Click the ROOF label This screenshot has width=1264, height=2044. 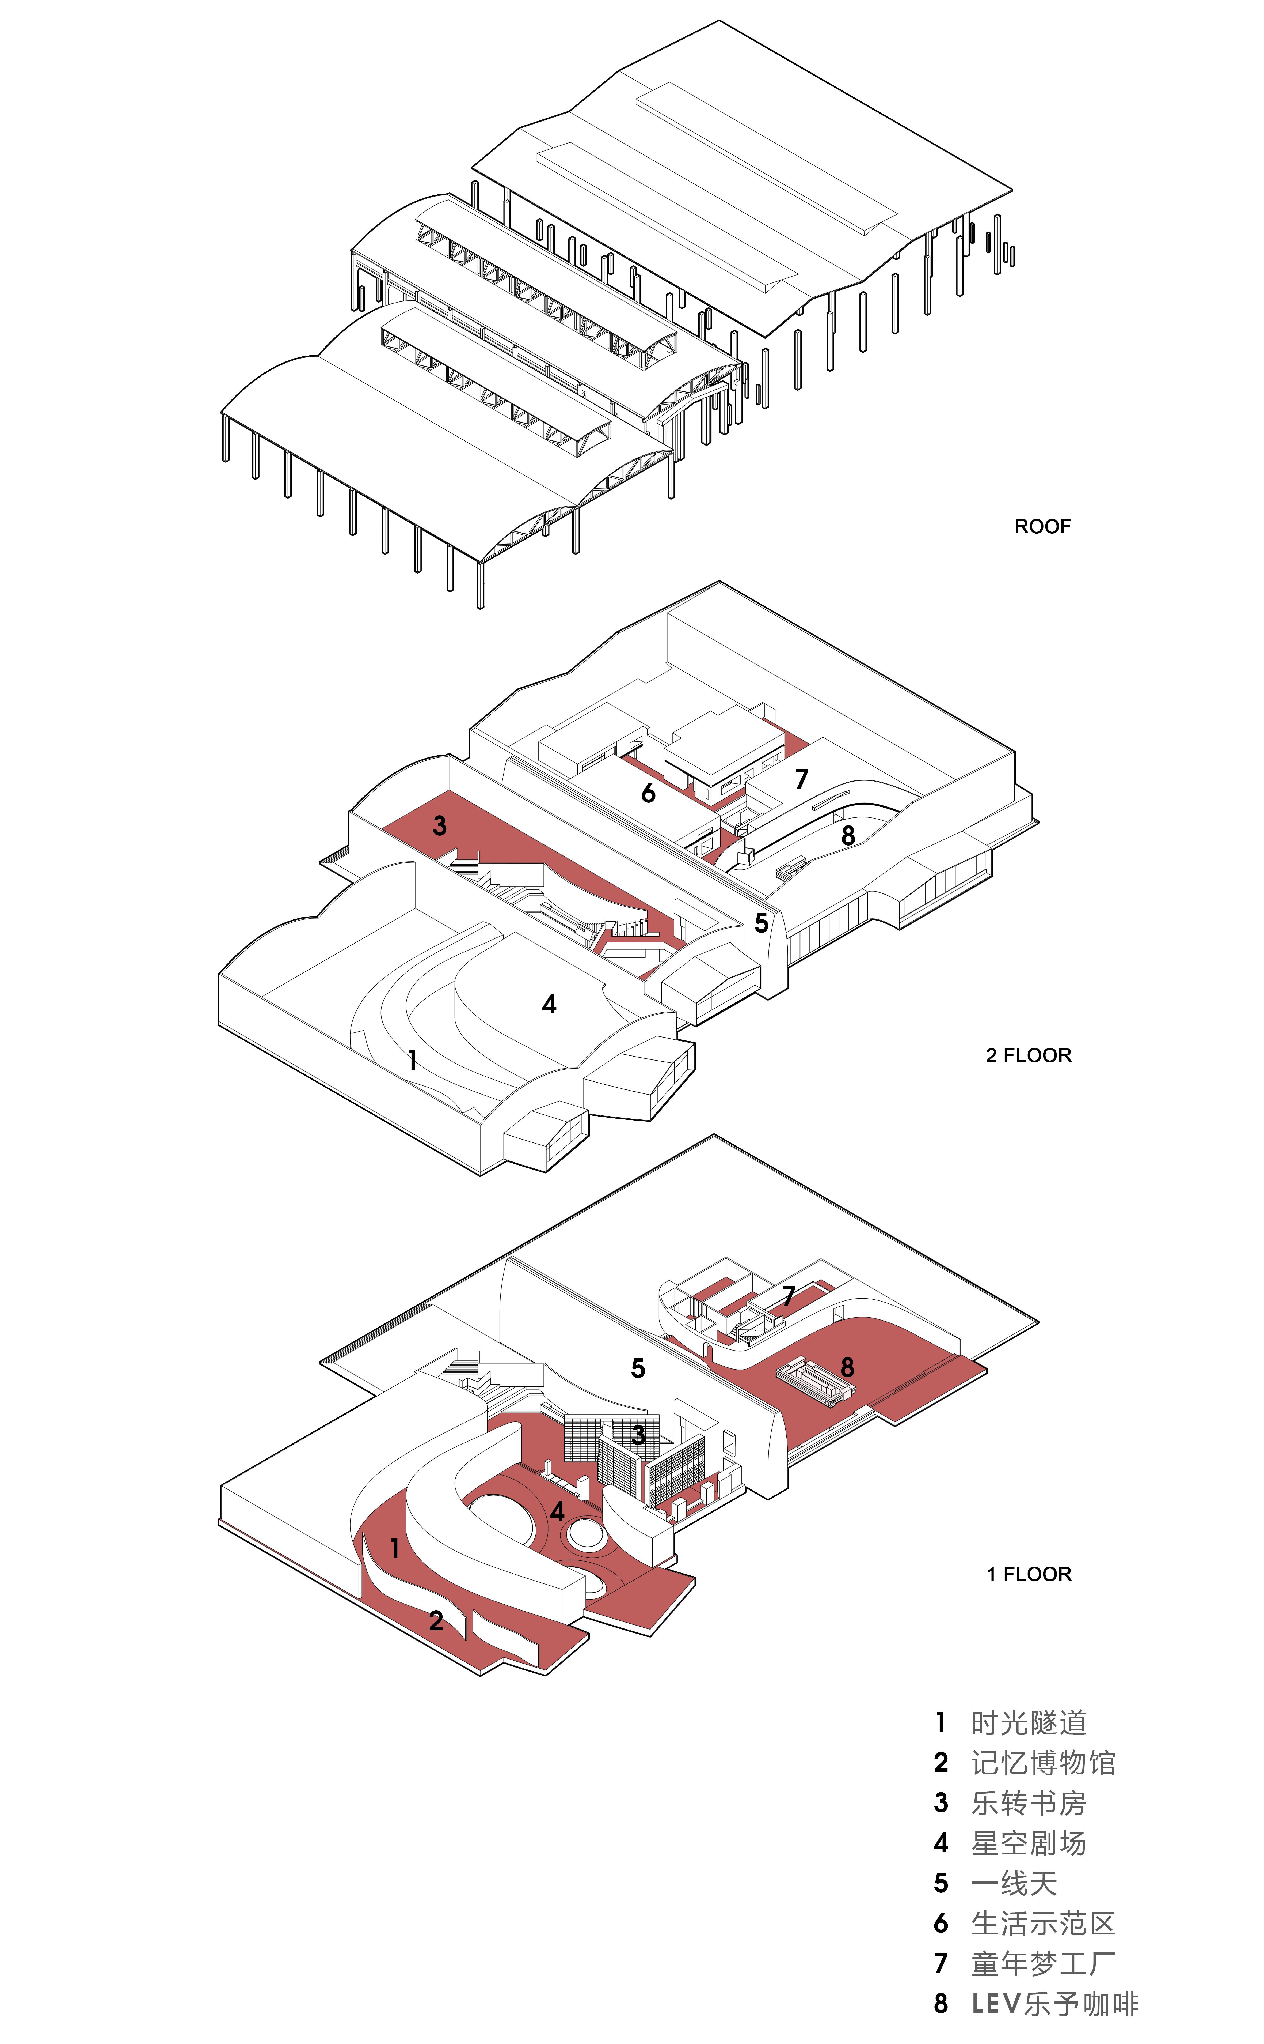click(1042, 526)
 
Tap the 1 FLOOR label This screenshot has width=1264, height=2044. click(1028, 1574)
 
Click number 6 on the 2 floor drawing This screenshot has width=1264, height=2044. click(648, 793)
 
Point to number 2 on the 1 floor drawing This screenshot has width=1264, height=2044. click(436, 1621)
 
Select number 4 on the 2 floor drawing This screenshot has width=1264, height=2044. click(549, 1004)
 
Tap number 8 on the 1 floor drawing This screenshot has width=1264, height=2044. click(847, 1367)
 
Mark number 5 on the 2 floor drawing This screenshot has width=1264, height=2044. click(761, 922)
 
